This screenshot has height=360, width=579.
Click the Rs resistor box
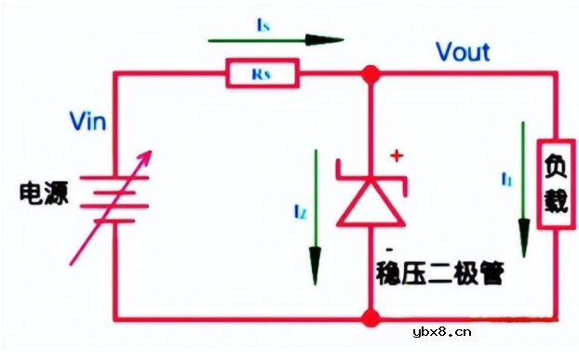click(262, 72)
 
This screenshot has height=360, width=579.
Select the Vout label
click(463, 51)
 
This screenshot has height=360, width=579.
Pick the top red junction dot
click(370, 72)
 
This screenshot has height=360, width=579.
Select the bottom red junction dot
click(370, 320)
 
